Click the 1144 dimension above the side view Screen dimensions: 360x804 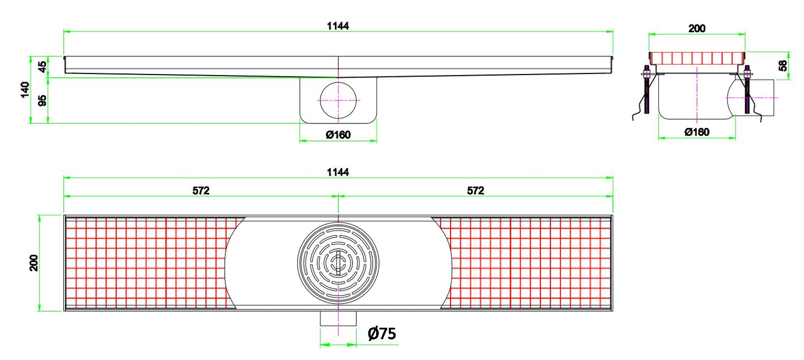click(338, 26)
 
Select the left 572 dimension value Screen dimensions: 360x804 click(201, 190)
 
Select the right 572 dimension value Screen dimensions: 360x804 click(475, 190)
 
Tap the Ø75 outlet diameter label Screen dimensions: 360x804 click(382, 333)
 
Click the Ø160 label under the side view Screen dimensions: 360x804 click(338, 134)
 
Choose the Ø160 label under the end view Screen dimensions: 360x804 click(697, 132)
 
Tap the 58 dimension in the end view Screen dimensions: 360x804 click(783, 66)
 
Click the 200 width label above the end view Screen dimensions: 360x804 click(697, 28)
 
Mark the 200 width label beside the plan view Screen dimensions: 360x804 click(34, 263)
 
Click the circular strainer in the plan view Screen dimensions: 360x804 click(338, 263)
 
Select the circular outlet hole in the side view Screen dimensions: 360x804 click(338, 100)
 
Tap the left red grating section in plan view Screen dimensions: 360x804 click(147, 263)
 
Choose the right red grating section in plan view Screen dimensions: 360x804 click(526, 263)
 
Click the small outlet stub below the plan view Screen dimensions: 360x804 click(338, 319)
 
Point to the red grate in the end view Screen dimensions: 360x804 click(697, 58)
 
